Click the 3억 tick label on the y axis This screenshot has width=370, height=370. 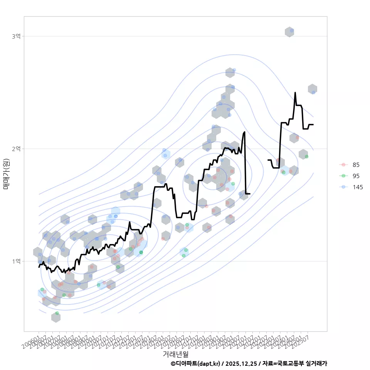16,36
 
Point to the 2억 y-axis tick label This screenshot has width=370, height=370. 16,149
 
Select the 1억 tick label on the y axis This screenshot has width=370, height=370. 16,261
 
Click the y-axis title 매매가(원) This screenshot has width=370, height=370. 6,174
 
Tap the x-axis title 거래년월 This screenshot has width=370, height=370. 175,353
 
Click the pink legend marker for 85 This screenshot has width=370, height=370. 343,165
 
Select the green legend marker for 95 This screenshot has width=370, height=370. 343,176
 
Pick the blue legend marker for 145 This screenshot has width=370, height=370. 343,187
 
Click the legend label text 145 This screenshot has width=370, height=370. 358,187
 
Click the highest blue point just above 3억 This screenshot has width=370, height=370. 292,30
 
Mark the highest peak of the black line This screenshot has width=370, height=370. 295,93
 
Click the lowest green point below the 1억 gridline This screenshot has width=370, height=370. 57,313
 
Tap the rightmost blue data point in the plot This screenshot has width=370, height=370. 313,92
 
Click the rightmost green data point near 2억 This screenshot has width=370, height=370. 306,156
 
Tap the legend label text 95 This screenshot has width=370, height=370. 356,176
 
